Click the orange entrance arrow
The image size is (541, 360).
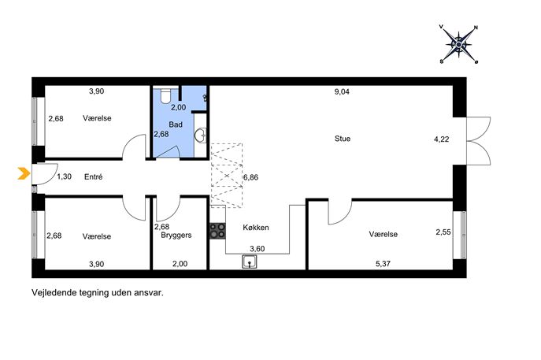(24, 173)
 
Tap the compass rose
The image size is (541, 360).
(459, 45)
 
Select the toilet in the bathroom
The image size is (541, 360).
(165, 96)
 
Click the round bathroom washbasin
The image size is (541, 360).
(201, 135)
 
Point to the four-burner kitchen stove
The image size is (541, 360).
(217, 231)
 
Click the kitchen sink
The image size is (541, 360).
(249, 262)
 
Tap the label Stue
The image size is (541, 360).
(343, 139)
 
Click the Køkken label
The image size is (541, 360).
(256, 228)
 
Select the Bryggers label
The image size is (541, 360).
(176, 236)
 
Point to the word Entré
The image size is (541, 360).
(94, 177)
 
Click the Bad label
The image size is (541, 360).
(176, 124)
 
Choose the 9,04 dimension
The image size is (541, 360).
(342, 92)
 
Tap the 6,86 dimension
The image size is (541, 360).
(251, 177)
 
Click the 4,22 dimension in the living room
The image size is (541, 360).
(441, 139)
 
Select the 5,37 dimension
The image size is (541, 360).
(383, 264)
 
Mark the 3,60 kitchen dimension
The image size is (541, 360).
(257, 249)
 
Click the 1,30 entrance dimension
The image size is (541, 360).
(64, 176)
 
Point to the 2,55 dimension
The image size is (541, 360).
(443, 232)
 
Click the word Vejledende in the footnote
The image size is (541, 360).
(54, 293)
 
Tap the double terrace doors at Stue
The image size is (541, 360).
(478, 141)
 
